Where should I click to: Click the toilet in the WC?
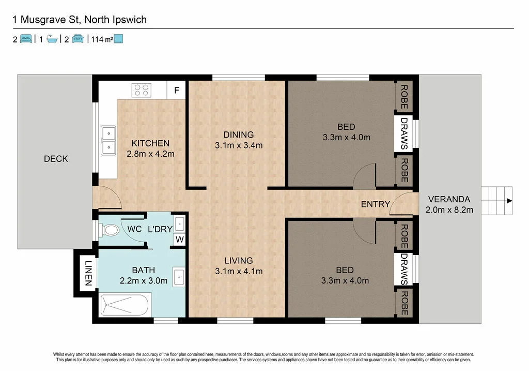coord(108,230)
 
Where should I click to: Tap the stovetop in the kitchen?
coord(142,90)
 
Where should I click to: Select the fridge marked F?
coord(177,90)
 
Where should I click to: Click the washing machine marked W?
coord(179,240)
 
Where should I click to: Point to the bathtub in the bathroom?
coord(125,305)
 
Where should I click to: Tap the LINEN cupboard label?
coord(88,273)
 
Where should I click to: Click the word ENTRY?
coord(375,204)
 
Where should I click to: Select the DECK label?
coord(56,159)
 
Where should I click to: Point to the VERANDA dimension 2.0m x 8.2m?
coord(449,210)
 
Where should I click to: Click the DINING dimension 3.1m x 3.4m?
coord(239,145)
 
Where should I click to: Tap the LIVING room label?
coord(239,260)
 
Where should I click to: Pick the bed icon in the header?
coord(26,39)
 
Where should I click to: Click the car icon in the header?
coord(78,39)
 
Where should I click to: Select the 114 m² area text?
coord(102,39)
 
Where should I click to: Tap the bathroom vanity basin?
coord(178,277)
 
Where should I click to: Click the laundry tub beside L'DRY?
coord(179,224)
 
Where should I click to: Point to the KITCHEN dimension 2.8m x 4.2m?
coord(150,154)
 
